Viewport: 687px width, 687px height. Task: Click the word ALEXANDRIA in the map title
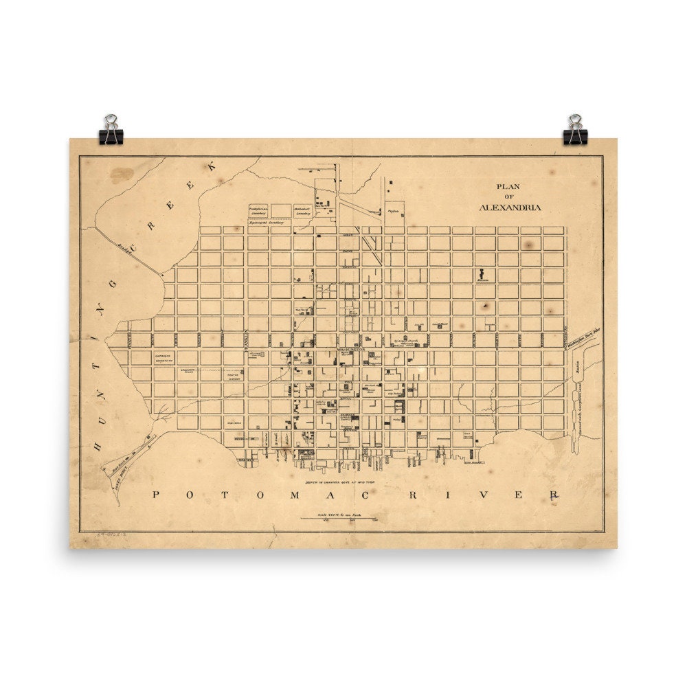(510, 207)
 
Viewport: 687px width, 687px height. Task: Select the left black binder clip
(110, 131)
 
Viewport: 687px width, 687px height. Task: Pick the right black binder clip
(575, 131)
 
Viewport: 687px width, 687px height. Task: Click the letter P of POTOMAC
(156, 495)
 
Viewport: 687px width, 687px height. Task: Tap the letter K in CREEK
(212, 166)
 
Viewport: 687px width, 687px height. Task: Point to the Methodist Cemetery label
(303, 210)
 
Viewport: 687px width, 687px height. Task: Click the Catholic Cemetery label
(164, 357)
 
